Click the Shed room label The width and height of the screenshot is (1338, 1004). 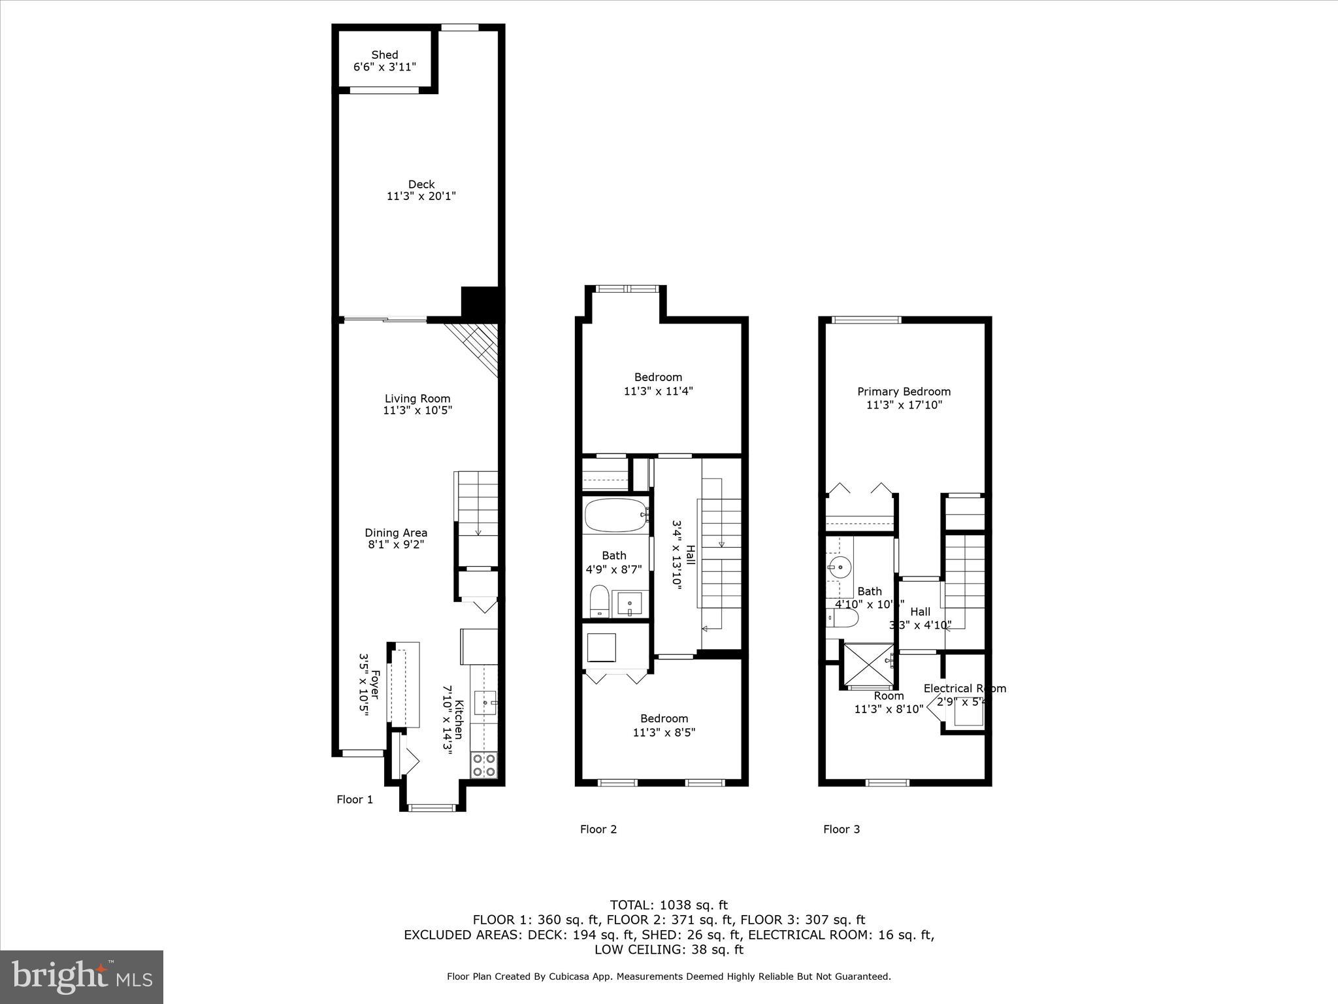[x=385, y=55]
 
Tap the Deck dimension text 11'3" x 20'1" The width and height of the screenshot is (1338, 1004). [x=421, y=196]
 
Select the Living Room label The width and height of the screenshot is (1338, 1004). [x=417, y=399]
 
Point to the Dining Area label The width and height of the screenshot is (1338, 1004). [x=396, y=533]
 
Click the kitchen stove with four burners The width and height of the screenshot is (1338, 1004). [x=483, y=765]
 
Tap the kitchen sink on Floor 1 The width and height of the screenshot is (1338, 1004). [x=485, y=703]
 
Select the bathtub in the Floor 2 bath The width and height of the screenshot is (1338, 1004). [x=615, y=515]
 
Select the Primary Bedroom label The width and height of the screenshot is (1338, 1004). [x=904, y=392]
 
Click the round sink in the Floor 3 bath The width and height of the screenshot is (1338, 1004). [x=838, y=566]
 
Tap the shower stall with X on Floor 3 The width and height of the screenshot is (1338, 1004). [x=868, y=666]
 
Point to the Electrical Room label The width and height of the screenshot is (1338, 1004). [x=964, y=688]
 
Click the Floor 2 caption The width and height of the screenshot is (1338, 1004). [x=598, y=829]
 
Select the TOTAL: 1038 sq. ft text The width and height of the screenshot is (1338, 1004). [x=668, y=905]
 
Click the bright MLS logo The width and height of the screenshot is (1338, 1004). [x=82, y=977]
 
